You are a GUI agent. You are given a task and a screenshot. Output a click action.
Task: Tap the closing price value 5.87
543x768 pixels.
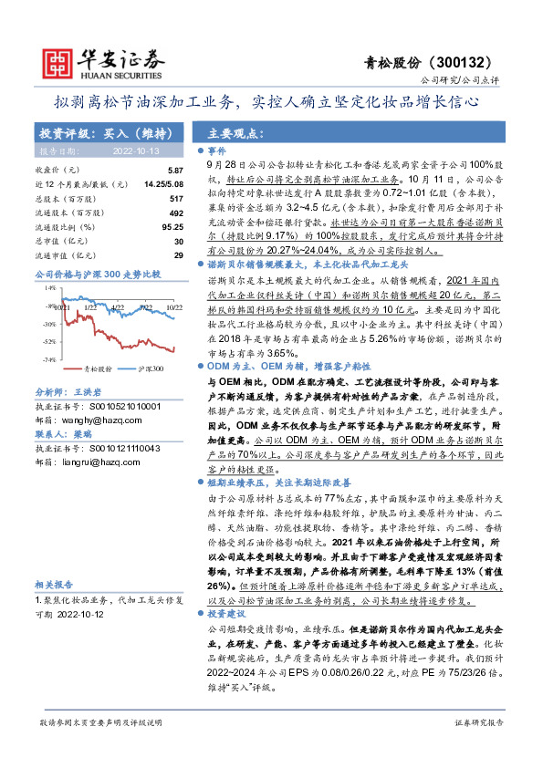[175, 171]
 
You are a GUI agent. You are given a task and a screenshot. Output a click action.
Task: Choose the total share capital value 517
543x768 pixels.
[177, 197]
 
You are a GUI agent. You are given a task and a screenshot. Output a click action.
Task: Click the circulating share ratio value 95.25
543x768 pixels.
[172, 225]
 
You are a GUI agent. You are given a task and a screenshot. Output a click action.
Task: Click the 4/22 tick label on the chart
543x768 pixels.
[118, 283]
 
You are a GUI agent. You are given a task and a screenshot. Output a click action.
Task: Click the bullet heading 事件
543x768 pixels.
[216, 150]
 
